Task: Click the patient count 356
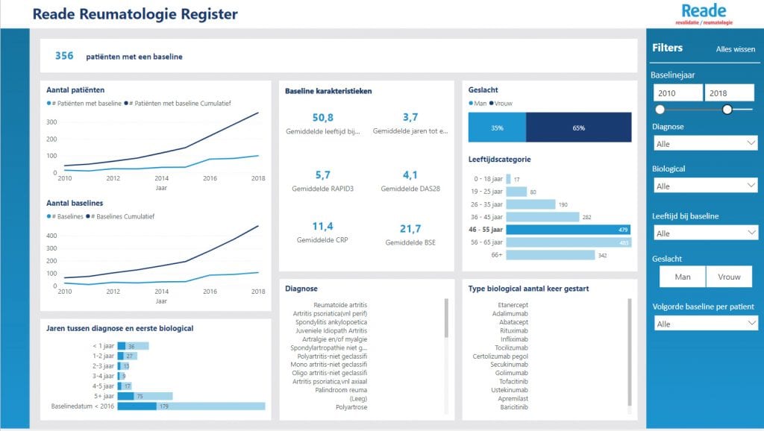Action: click(64, 56)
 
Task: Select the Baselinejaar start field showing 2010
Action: click(677, 92)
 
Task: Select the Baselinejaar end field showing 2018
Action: click(730, 92)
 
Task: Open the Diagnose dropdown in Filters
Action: click(705, 143)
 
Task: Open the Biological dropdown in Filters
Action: click(705, 186)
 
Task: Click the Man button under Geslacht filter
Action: click(682, 277)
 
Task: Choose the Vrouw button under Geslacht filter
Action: click(729, 277)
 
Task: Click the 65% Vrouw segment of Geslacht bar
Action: click(578, 128)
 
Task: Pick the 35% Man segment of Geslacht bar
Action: click(497, 128)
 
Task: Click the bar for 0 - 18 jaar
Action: click(508, 179)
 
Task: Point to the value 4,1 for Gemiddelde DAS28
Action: click(410, 175)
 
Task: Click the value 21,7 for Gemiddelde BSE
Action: click(410, 229)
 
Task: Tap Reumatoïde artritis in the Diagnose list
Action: click(340, 305)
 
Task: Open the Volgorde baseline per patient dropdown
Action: click(705, 324)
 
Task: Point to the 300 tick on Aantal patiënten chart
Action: click(52, 122)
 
